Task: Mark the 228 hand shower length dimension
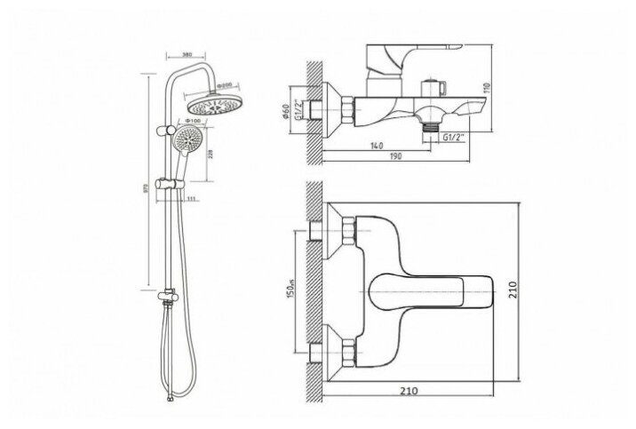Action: pyautogui.click(x=210, y=155)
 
